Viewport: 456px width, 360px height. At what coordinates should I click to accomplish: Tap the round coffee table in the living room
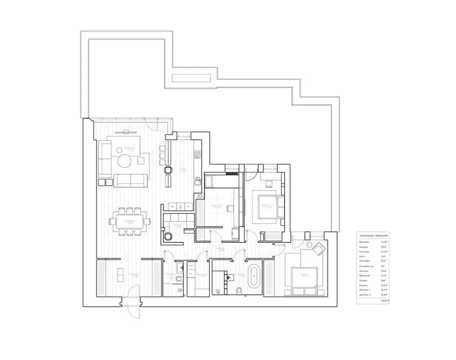click(x=124, y=162)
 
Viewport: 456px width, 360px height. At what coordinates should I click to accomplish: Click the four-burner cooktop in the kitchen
click(x=198, y=154)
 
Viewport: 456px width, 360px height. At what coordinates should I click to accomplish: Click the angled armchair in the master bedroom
click(x=318, y=249)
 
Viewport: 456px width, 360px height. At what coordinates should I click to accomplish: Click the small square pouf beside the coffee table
click(x=141, y=160)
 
